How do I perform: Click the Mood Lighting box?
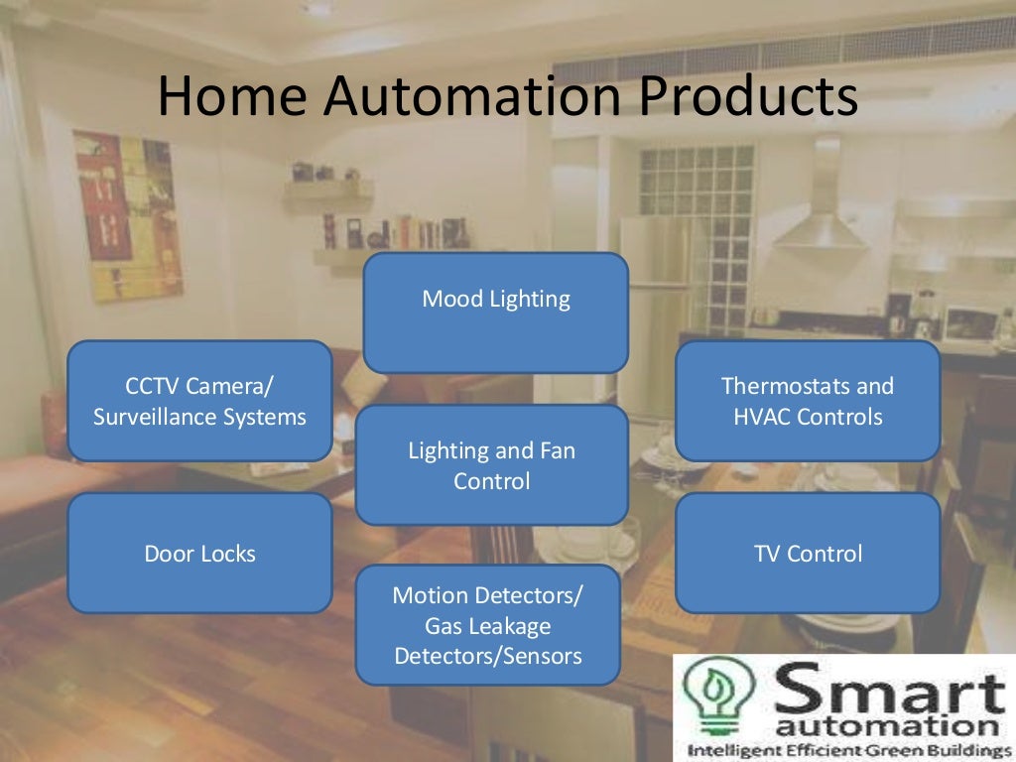(496, 312)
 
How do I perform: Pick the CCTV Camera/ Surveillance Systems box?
(199, 401)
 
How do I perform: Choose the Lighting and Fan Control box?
(491, 465)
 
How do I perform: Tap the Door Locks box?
(199, 553)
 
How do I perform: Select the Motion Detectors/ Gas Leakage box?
(487, 625)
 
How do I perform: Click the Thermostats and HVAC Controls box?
(808, 401)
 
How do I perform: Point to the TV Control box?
(808, 553)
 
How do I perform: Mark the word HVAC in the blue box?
(767, 417)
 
